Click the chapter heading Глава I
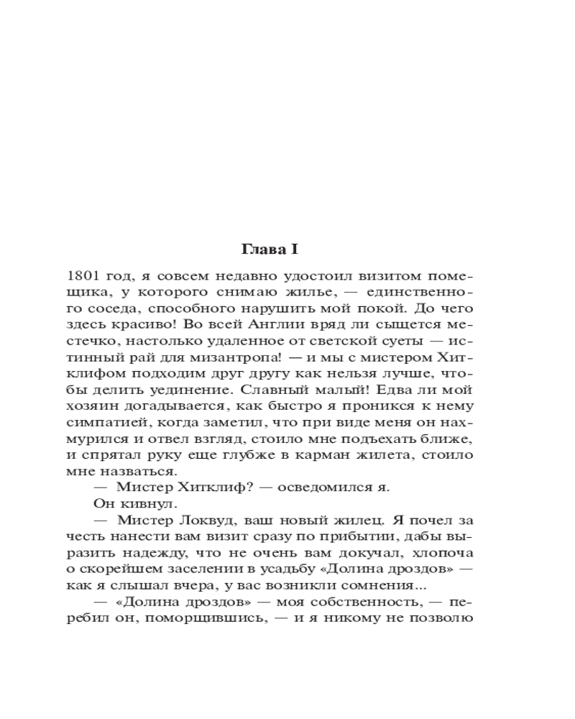coord(268,249)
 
